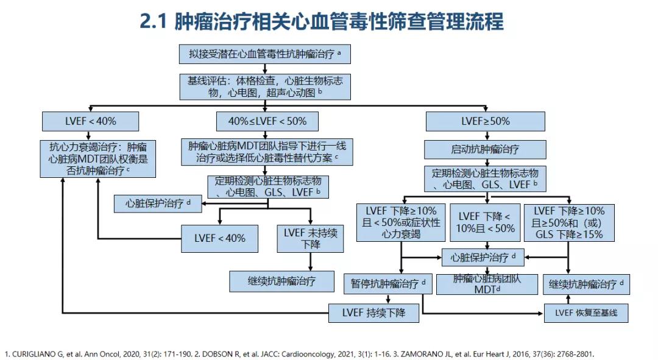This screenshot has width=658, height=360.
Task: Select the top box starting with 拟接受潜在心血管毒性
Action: (x=264, y=54)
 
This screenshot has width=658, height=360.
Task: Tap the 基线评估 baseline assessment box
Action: (x=264, y=86)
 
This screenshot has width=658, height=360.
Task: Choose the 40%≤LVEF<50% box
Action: (x=267, y=121)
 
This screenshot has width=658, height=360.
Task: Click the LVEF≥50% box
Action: (x=486, y=121)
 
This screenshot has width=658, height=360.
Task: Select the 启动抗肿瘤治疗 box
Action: (x=486, y=149)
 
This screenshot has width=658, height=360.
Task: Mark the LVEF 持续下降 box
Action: (x=375, y=313)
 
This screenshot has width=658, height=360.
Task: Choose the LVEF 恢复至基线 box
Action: (x=586, y=313)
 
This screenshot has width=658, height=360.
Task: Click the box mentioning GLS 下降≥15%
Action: (x=569, y=222)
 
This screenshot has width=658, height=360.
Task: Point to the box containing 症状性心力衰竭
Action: (x=400, y=222)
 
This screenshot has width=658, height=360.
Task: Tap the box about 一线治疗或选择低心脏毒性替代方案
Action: (x=267, y=152)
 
